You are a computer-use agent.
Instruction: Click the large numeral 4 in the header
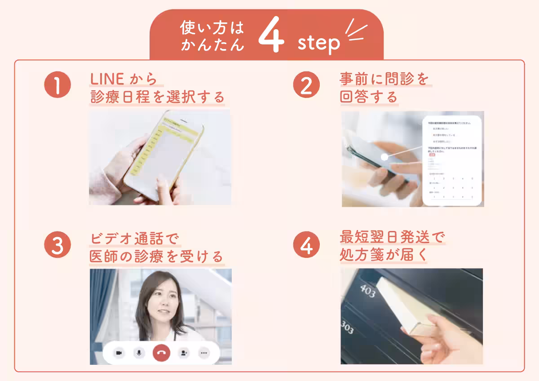click(272, 38)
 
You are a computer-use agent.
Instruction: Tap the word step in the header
click(319, 44)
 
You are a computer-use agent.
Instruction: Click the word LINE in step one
click(107, 79)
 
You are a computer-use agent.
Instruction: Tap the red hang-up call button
click(161, 353)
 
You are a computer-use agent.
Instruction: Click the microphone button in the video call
click(140, 353)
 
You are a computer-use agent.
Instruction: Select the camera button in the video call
click(119, 353)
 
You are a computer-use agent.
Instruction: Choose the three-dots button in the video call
click(204, 353)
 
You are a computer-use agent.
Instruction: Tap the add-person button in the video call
click(183, 353)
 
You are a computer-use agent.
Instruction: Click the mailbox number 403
click(367, 292)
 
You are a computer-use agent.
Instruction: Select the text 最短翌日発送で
click(392, 238)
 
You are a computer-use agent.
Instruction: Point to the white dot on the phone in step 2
click(384, 157)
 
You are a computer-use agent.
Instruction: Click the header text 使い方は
click(212, 28)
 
